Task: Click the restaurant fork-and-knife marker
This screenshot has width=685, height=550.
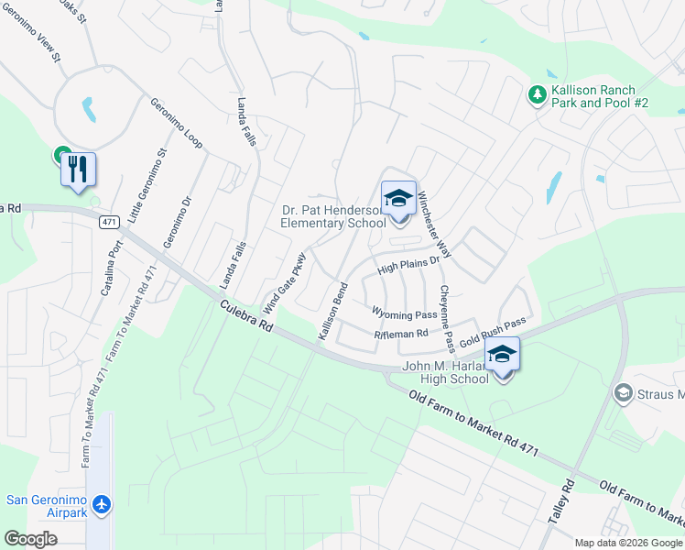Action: tap(78, 170)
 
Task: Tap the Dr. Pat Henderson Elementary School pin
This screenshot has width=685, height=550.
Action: tap(398, 200)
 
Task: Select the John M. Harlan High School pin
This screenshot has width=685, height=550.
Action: tap(502, 355)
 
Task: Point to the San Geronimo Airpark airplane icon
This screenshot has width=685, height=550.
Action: tap(101, 505)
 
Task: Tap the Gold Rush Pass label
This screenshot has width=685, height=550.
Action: tap(493, 332)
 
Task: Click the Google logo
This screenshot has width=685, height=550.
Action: tap(30, 539)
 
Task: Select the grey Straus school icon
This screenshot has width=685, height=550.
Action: tap(623, 393)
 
